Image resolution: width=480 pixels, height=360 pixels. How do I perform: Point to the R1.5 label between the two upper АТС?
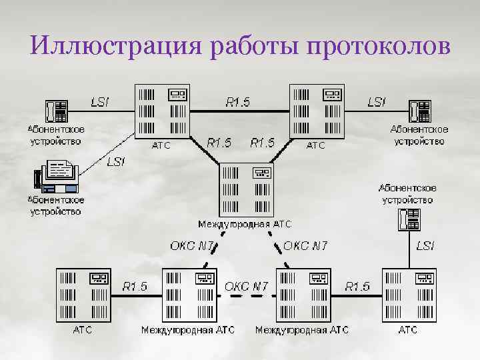point(238,102)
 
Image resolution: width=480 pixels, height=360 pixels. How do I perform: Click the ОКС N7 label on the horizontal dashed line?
point(246,286)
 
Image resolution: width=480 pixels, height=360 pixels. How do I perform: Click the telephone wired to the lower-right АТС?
point(408,219)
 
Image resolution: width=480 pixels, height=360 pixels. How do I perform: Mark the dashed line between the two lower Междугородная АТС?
point(246,297)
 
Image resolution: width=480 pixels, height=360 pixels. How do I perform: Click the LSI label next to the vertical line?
point(425,246)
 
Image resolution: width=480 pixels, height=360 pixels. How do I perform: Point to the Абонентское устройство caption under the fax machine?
point(55,205)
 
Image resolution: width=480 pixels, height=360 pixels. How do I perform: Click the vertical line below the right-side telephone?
point(409,250)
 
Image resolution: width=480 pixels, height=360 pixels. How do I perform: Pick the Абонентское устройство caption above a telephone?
point(407,194)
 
